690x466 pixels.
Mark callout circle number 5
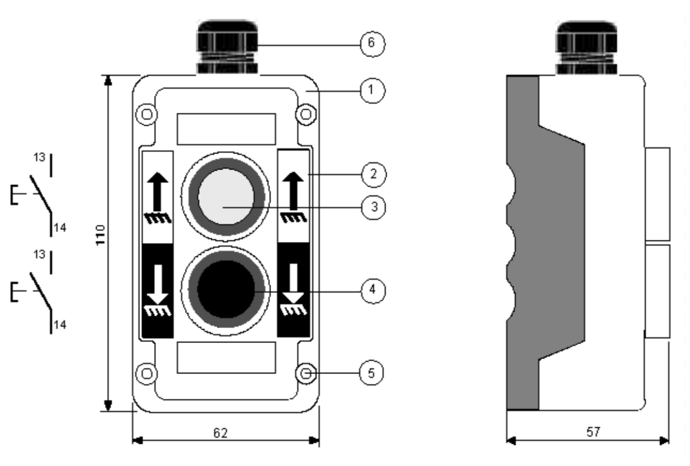pos(372,373)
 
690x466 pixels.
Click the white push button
pos(225,196)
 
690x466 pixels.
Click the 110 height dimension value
pos(100,236)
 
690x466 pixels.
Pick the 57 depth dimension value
pos(593,431)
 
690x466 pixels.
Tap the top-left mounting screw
pos(146,114)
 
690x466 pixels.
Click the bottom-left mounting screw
pos(146,373)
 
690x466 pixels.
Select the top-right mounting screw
pos(305,114)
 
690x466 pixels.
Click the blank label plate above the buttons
pos(226,129)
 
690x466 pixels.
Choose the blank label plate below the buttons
pos(226,357)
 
